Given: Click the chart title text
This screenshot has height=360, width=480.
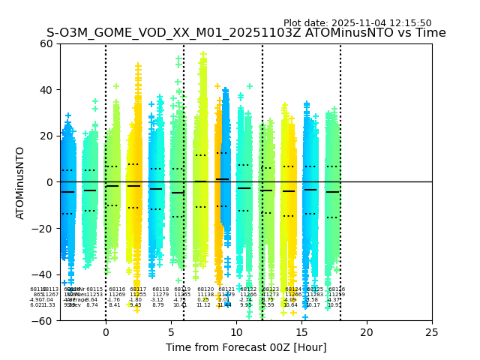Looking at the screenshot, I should (246, 33).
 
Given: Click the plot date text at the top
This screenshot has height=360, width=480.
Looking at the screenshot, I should (357, 23).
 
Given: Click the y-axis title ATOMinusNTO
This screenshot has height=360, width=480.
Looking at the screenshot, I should (20, 182).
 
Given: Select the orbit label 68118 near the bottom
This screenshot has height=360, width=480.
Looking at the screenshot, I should (160, 289).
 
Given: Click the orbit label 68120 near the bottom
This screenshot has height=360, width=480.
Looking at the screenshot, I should (205, 289).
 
